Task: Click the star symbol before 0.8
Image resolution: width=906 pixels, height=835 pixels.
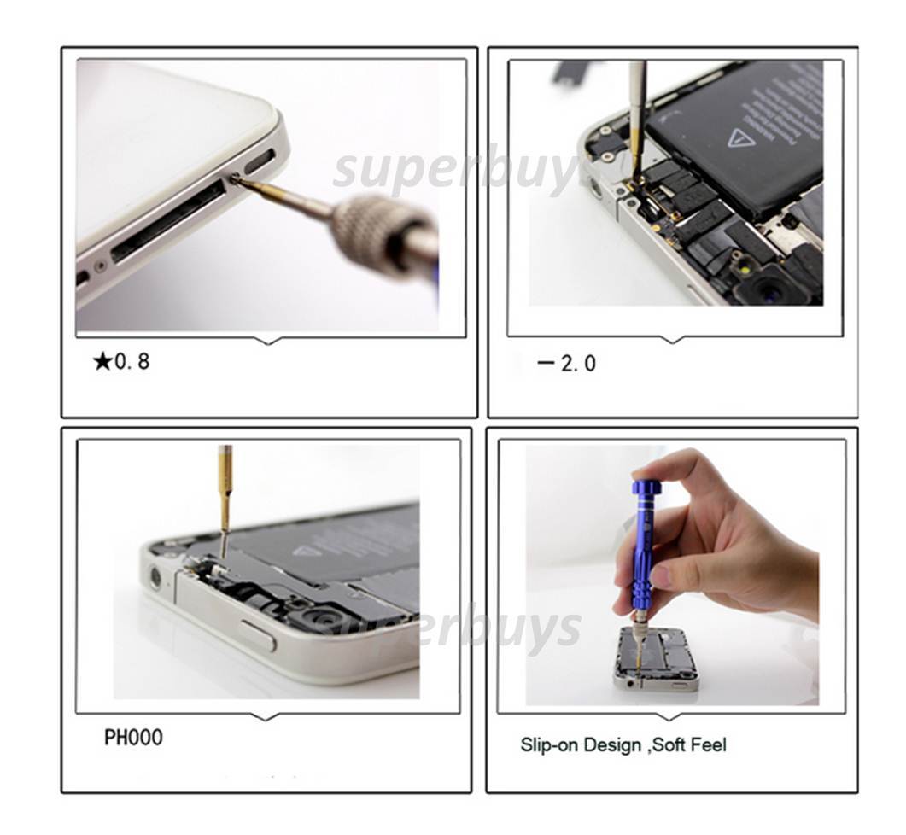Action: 102,362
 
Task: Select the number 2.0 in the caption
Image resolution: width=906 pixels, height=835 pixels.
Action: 579,364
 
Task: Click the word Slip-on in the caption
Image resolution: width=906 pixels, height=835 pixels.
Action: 549,745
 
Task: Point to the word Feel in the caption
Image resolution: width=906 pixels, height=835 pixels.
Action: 706,745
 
